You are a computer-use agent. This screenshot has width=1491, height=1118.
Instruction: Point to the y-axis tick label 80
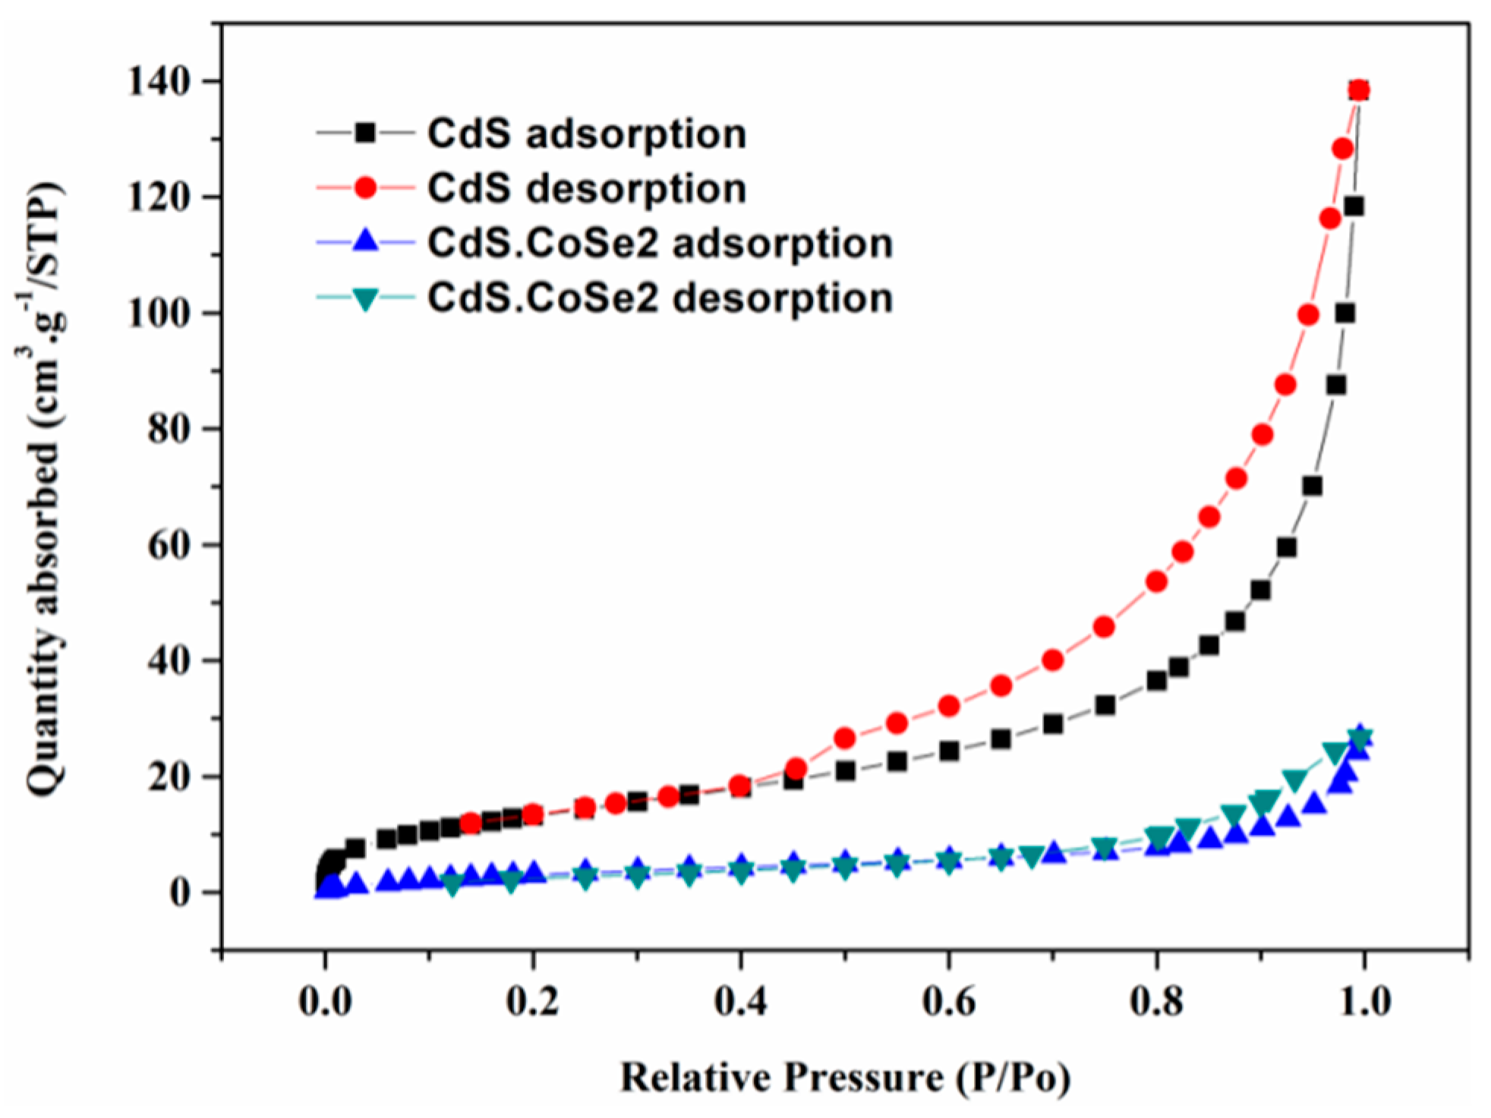[x=168, y=430]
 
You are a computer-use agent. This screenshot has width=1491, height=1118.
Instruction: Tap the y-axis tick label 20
[x=168, y=777]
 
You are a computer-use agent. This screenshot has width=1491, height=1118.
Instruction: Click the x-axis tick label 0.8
[x=1156, y=1002]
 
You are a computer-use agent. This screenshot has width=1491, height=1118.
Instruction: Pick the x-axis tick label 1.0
[x=1364, y=1002]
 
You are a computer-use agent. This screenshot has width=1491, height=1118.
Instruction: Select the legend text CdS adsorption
[x=587, y=134]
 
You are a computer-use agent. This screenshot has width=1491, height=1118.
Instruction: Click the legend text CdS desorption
[x=587, y=188]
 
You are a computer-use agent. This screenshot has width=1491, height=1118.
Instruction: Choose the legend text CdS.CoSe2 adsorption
[x=660, y=244]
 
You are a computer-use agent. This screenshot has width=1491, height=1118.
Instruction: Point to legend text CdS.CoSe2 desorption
[x=660, y=298]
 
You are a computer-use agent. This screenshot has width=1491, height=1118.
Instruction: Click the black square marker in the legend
[x=366, y=133]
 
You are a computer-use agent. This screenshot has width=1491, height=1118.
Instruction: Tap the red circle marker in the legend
[x=366, y=187]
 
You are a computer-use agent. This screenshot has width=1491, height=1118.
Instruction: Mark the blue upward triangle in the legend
[x=366, y=241]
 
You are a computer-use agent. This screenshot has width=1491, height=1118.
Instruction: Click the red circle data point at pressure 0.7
[x=1052, y=660]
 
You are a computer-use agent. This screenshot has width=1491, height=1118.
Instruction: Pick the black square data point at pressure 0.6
[x=949, y=751]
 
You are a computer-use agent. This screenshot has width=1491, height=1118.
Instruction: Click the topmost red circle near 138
[x=1359, y=90]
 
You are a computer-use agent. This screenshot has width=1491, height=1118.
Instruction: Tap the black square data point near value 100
[x=1345, y=313]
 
